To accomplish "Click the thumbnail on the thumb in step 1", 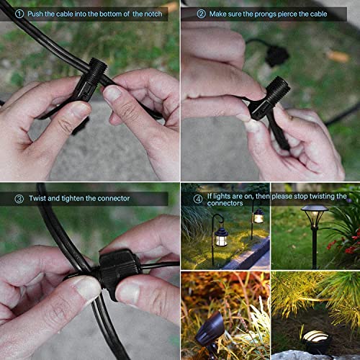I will tap(113, 93).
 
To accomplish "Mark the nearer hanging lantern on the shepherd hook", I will tap(221, 236).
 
